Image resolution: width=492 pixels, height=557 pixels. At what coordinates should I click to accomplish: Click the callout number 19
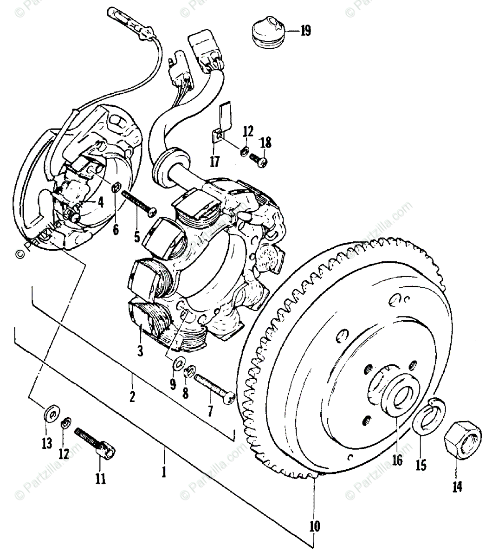tap(305, 32)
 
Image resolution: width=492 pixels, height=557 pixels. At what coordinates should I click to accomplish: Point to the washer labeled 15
tap(430, 417)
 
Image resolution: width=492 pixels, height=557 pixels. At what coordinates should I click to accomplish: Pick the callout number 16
tap(397, 462)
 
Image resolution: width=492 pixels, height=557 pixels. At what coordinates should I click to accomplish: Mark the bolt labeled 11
tap(95, 442)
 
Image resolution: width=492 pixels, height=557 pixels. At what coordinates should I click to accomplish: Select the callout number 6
tap(116, 229)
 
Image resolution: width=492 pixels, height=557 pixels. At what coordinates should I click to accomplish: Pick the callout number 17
tap(214, 162)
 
